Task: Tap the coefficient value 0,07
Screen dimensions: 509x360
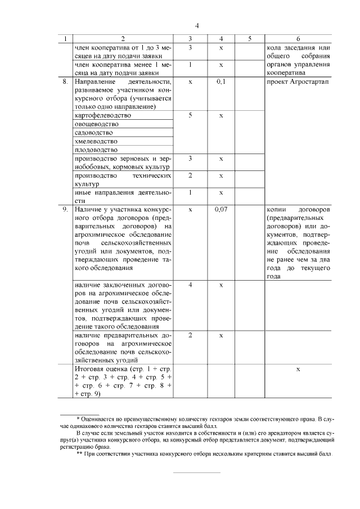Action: point(221,209)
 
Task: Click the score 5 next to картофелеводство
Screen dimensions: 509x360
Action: point(191,115)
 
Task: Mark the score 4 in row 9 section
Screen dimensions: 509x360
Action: point(191,285)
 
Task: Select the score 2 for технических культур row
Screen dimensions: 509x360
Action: point(191,175)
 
